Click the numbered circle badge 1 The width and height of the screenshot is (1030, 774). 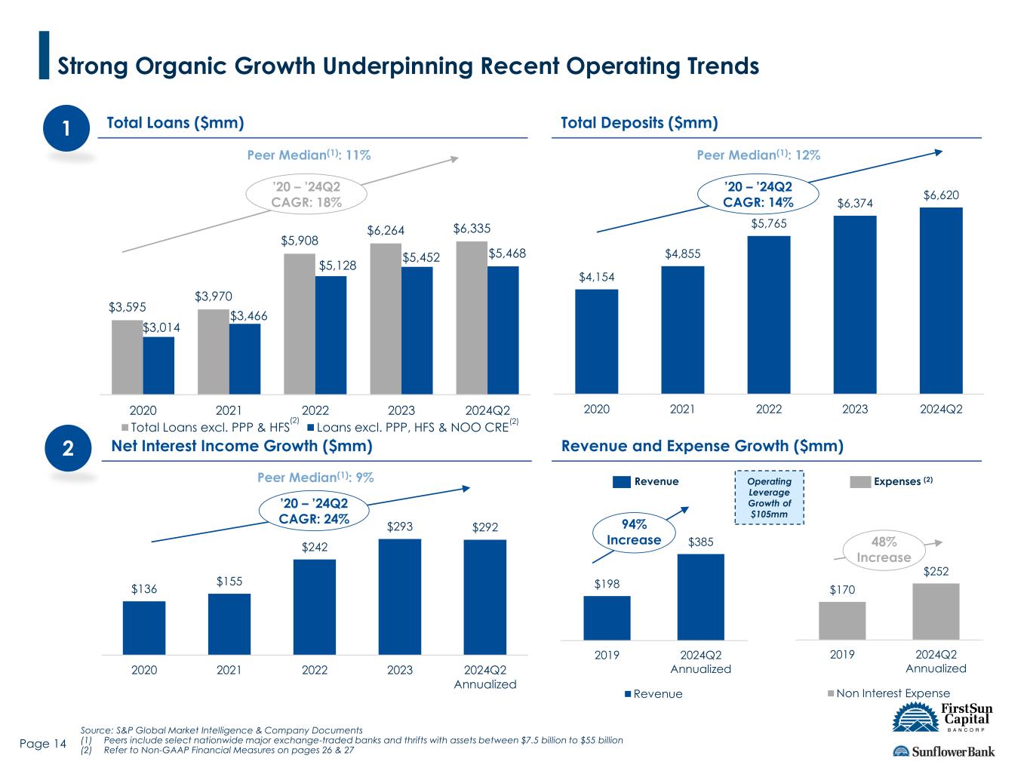[66, 127]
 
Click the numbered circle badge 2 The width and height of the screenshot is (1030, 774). [68, 448]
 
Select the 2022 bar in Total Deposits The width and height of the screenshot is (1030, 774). [769, 315]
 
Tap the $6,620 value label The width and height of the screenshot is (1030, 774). [941, 195]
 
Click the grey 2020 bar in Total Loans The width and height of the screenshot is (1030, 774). [128, 357]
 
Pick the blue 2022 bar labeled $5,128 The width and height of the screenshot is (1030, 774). [331, 335]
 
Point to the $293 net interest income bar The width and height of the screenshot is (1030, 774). [400, 597]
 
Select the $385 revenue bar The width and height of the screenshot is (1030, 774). [700, 597]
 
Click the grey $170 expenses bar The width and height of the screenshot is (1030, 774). [842, 621]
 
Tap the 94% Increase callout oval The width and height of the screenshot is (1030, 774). [634, 533]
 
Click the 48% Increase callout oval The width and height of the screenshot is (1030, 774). [884, 550]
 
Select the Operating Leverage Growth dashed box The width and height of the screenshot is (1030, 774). [770, 497]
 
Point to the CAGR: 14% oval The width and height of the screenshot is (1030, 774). [758, 194]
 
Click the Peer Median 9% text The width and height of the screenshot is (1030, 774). [315, 478]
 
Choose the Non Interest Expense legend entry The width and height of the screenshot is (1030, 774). [889, 693]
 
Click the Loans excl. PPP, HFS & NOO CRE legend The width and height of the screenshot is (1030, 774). [413, 426]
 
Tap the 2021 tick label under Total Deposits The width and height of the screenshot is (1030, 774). [682, 410]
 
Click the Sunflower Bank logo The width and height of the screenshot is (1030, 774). [944, 751]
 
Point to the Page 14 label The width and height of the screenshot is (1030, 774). [43, 744]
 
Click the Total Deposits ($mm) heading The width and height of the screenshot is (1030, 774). [640, 123]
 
